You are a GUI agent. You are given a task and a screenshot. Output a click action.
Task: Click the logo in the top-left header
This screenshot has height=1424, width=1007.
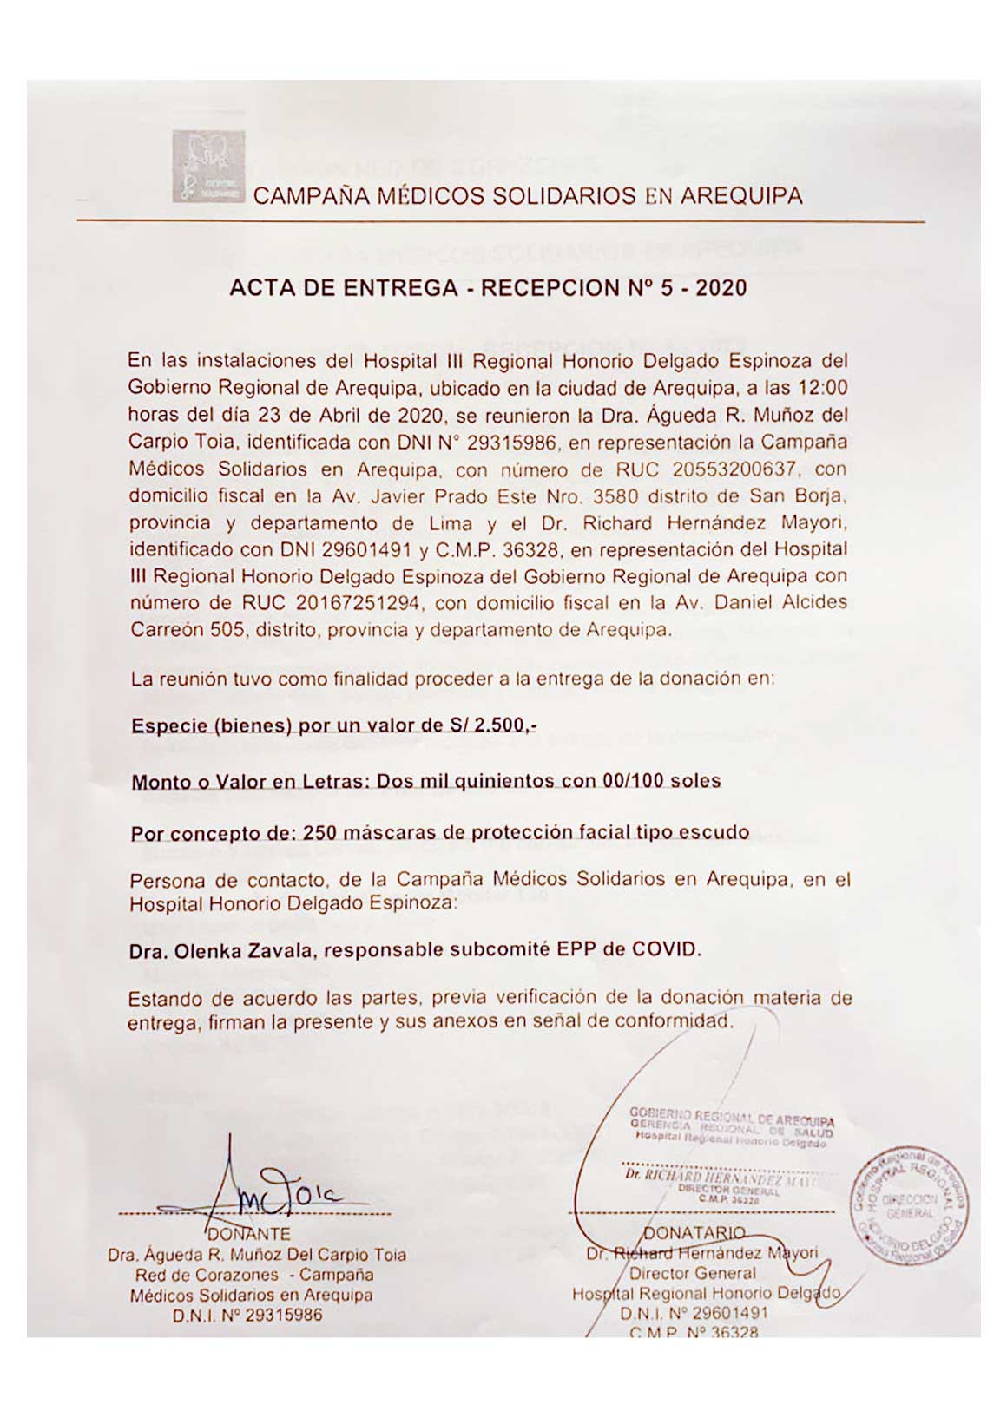click(208, 167)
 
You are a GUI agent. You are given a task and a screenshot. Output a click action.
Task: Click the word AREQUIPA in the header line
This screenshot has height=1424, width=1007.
click(740, 196)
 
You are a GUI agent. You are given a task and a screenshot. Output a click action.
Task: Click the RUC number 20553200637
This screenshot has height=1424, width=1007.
click(734, 469)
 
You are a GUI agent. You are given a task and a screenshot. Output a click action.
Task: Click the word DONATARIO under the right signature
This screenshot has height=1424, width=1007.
click(694, 1233)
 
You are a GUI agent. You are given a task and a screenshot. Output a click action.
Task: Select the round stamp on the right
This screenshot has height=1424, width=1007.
click(911, 1209)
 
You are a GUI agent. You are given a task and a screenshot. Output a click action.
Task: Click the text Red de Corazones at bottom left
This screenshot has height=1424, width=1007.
click(207, 1275)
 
